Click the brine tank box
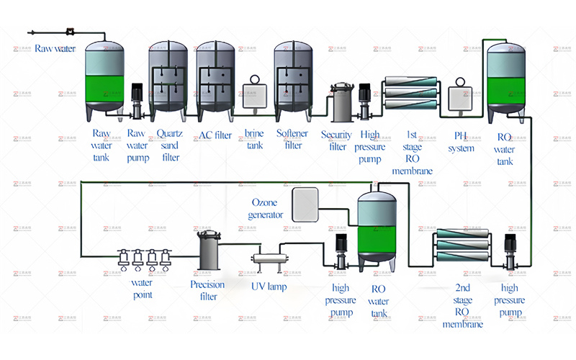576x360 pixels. pyautogui.click(x=254, y=97)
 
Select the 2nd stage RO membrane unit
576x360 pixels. pyautogui.click(x=463, y=248)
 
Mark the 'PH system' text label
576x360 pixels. pyautogui.click(x=462, y=142)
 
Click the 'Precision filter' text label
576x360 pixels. pyautogui.click(x=208, y=290)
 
